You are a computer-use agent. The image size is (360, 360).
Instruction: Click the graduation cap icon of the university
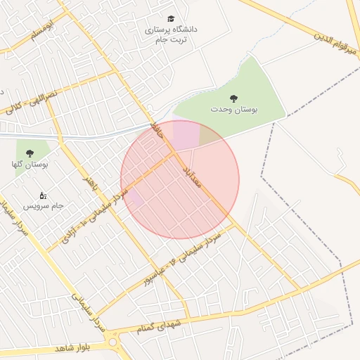(170, 19)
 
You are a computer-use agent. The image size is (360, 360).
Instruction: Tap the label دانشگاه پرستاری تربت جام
(171, 35)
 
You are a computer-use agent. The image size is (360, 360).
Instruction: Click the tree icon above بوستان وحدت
(233, 99)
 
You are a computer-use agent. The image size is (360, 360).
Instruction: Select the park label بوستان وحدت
(234, 110)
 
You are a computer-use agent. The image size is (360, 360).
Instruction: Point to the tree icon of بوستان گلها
(29, 153)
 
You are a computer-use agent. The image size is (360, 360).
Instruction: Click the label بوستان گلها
(30, 164)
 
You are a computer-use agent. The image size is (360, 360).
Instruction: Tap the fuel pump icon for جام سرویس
(43, 195)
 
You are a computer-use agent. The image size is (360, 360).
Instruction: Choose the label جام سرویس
(44, 206)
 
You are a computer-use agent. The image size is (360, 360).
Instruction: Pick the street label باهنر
(89, 184)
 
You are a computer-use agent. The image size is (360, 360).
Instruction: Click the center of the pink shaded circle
(180, 179)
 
